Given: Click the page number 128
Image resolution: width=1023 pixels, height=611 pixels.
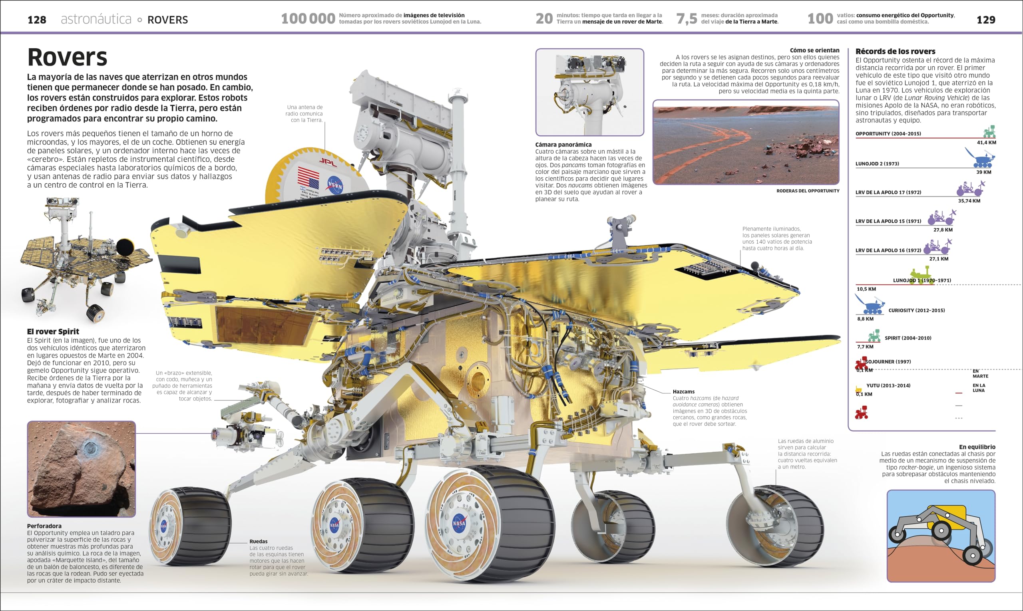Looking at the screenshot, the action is [x=37, y=20].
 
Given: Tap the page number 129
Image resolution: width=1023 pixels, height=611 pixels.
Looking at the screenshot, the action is [x=985, y=20].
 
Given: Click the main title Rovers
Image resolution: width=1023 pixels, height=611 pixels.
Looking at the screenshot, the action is [x=67, y=57].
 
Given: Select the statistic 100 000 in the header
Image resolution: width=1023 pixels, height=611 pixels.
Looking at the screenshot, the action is [x=308, y=18].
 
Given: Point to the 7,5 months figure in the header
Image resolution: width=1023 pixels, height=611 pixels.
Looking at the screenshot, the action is [x=687, y=18].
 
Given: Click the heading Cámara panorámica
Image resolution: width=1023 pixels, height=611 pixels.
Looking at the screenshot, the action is [x=563, y=145].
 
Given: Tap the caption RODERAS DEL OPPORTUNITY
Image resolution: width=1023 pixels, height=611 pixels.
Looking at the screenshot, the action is [x=808, y=191].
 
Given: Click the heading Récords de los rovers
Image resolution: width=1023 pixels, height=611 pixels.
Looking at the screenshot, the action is [x=895, y=52].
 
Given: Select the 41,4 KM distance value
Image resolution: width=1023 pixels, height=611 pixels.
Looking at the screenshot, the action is [x=986, y=143].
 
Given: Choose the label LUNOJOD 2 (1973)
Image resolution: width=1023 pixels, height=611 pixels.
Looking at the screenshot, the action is [x=877, y=164].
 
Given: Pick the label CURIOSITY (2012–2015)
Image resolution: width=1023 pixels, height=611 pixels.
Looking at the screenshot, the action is [x=916, y=310].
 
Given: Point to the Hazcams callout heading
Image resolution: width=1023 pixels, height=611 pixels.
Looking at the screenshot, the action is [x=683, y=391].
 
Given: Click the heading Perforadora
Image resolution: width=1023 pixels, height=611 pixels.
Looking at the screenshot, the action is [x=44, y=526].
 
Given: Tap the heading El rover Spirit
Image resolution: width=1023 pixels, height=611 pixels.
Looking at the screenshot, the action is [x=53, y=331].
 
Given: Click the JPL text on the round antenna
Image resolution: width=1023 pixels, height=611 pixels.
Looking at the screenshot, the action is [x=328, y=162].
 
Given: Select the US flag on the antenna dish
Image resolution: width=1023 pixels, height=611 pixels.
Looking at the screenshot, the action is [x=308, y=178].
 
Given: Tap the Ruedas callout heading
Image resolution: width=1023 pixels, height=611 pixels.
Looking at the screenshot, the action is [x=258, y=542].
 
